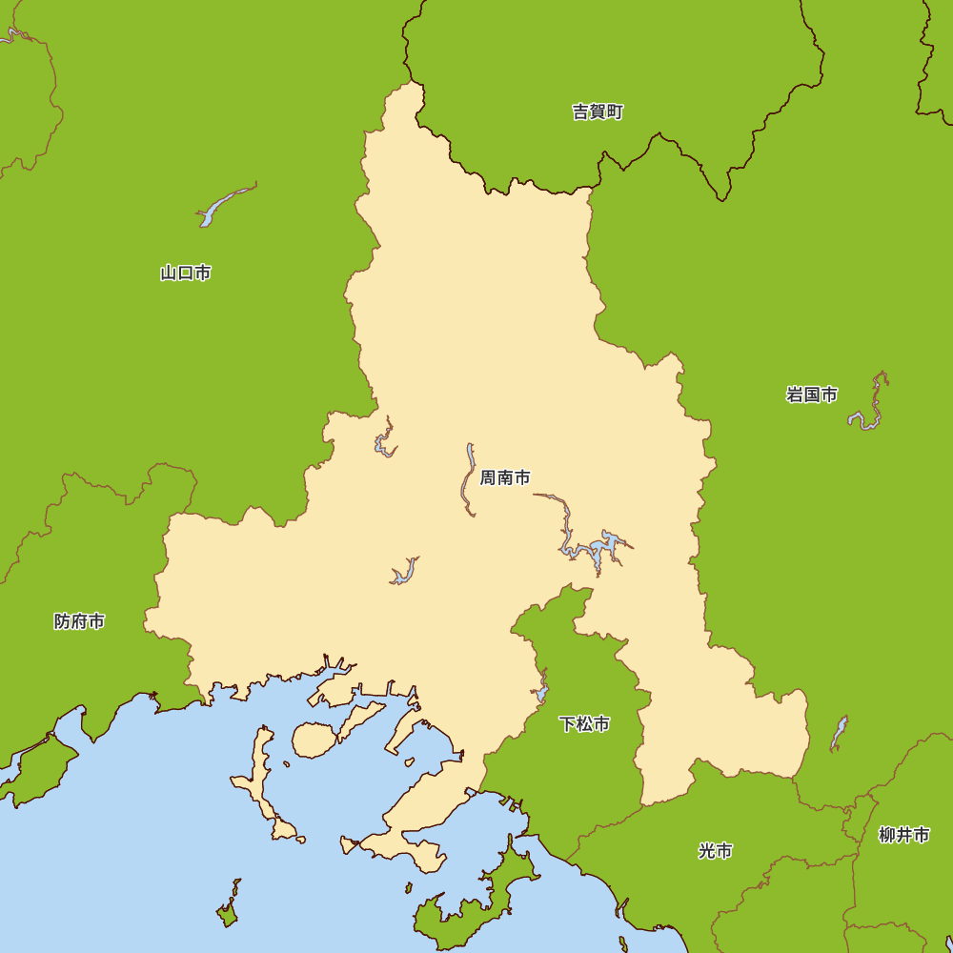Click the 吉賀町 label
(598, 112)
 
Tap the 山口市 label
(186, 274)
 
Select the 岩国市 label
(812, 395)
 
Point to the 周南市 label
(505, 477)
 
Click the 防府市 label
(79, 622)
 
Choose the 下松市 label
(584, 724)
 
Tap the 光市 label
(715, 851)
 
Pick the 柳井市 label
(903, 836)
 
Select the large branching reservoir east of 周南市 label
(596, 549)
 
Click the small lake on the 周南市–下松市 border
(542, 689)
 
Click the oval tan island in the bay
(312, 740)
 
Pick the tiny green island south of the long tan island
(228, 913)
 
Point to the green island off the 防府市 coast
(38, 767)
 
